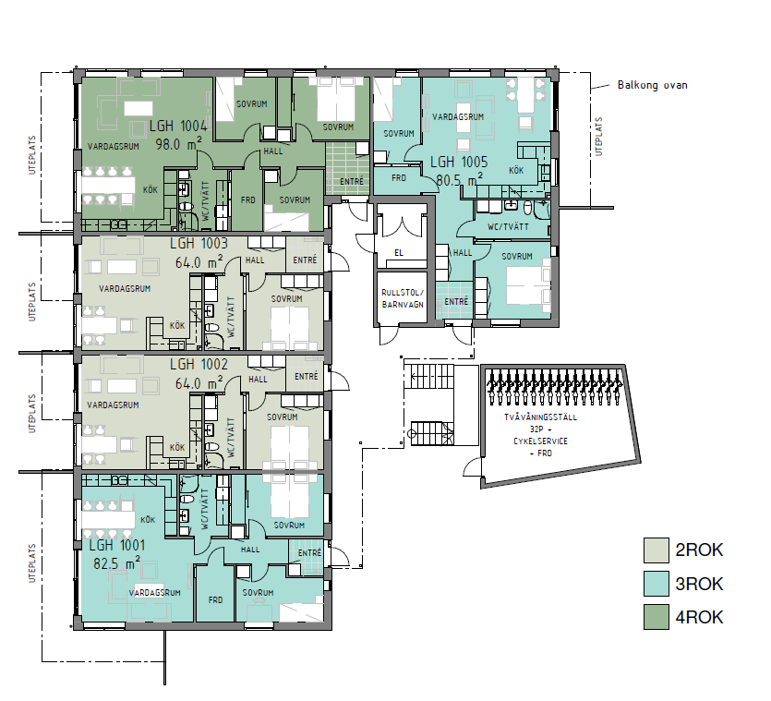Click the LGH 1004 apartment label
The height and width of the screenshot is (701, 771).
pos(178,127)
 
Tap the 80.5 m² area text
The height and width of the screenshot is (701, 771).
pos(457,180)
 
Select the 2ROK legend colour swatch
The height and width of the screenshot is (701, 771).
pos(657,550)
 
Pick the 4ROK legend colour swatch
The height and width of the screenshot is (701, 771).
pos(657,617)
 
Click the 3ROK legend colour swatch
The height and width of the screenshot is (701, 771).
pos(657,584)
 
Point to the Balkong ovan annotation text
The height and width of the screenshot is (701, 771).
pos(652,85)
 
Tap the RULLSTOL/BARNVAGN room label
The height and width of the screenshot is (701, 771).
pos(402,297)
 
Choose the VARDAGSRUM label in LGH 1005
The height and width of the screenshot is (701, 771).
pos(459,117)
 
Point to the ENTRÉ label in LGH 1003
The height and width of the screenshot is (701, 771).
pos(306,260)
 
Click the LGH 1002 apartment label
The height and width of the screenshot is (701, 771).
pos(199,364)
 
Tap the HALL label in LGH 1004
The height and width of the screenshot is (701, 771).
pos(274,150)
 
